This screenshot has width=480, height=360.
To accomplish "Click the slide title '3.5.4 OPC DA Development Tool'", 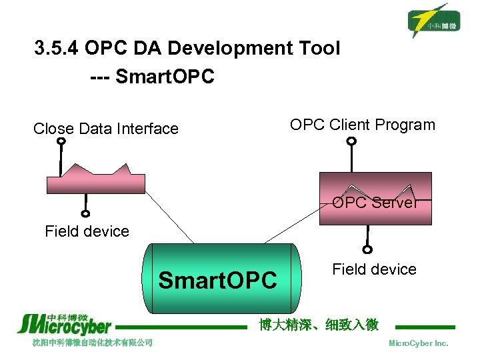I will pos(187,49).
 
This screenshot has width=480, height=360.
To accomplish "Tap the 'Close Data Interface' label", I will pos(106,129).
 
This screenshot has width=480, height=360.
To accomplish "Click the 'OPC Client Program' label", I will pos(362,125).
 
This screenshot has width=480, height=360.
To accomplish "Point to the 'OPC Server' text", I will pos(375,203).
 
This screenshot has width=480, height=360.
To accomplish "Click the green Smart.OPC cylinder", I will pos(221,279).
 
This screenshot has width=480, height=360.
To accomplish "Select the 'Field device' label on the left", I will pos(87,231).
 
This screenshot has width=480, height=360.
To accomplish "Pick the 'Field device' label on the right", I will pos(374,269).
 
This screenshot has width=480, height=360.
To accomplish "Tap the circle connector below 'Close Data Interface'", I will pos(61,141).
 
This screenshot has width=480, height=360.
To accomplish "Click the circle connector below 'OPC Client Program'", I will pos(352,141).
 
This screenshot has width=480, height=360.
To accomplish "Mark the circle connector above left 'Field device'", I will pos(85,214).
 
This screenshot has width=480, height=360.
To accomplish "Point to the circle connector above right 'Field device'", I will pos(367,250).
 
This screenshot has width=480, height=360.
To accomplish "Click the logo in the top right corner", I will pos(435,20).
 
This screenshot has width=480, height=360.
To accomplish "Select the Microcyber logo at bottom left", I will pos(64,324).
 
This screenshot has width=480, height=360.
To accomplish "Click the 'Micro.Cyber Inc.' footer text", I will pos(418,343).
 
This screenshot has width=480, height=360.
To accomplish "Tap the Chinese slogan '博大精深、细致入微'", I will pos(319,325).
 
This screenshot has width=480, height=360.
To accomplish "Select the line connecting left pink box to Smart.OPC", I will pos(170,217).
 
